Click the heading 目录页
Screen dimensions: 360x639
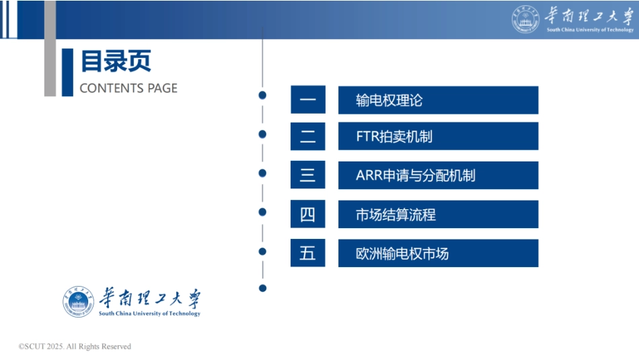116,61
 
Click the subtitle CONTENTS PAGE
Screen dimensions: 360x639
128,88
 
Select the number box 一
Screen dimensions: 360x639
308,100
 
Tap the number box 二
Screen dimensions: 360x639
308,137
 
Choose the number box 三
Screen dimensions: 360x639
308,176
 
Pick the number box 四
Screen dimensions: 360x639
308,215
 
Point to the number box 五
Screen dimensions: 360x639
308,254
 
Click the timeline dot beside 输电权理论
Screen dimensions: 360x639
262,96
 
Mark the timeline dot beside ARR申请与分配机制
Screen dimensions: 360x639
262,173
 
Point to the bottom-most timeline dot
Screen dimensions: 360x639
262,288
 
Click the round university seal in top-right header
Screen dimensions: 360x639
525,20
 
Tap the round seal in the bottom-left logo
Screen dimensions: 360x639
79,301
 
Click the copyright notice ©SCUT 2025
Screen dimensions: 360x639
75,347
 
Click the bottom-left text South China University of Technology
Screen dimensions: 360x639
149,314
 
